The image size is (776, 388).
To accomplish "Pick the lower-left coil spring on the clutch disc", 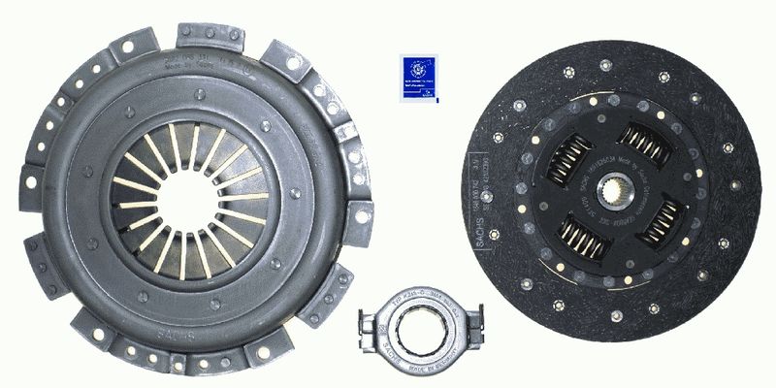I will click(585, 237).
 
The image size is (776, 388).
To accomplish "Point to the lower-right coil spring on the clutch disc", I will click(663, 221).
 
